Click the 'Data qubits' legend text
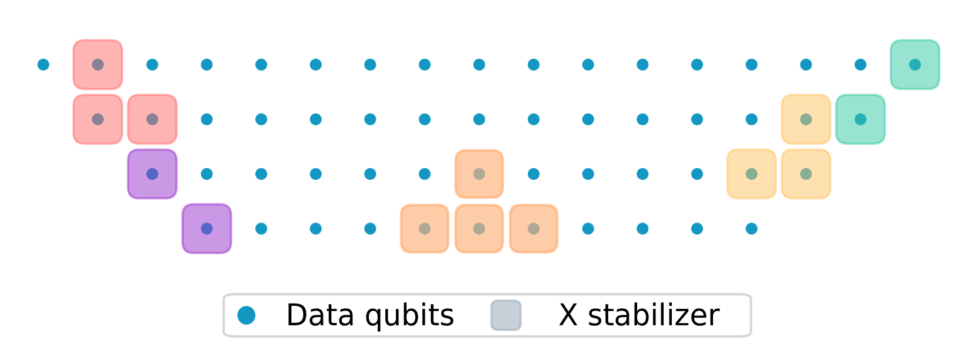(x=369, y=315)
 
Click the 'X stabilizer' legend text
(x=639, y=315)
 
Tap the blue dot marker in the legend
(x=247, y=315)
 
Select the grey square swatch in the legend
(x=506, y=315)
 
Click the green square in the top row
(x=915, y=65)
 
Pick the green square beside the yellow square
(x=860, y=119)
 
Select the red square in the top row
(x=98, y=65)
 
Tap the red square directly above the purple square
(x=152, y=119)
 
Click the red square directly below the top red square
(x=98, y=119)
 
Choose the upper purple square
(x=152, y=174)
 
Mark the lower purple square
(x=206, y=229)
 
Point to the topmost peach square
(x=479, y=174)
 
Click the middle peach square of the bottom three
(x=479, y=229)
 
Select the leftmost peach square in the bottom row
(x=425, y=229)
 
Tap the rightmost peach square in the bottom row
(x=534, y=229)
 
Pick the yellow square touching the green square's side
(x=806, y=119)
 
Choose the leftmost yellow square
(x=751, y=174)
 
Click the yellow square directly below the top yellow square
(x=806, y=174)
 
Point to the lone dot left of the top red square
(x=43, y=65)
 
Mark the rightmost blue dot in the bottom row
(x=751, y=229)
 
